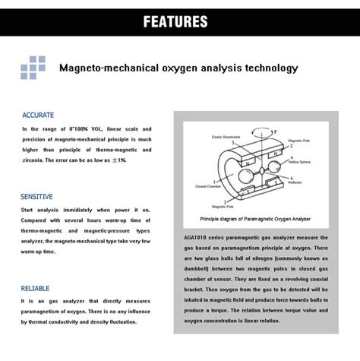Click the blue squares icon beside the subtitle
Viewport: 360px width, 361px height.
(x=33, y=67)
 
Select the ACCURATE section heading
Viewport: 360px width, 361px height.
(x=37, y=115)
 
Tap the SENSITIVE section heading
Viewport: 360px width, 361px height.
(x=36, y=196)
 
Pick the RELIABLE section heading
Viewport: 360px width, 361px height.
(x=36, y=289)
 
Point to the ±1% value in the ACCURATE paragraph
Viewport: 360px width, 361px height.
(x=118, y=161)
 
